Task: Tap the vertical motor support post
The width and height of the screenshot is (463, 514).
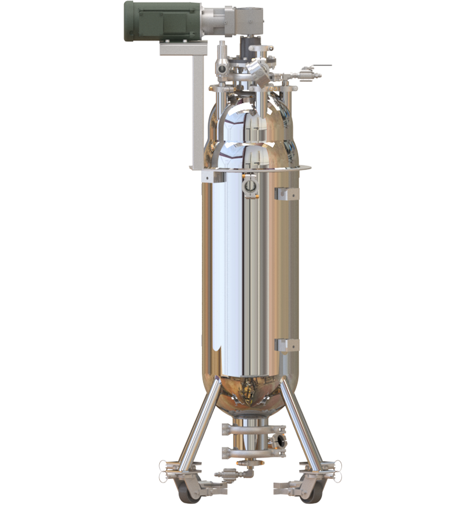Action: click(197, 108)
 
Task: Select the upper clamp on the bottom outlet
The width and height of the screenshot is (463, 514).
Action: click(249, 427)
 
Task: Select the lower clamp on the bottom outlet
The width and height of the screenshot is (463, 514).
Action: click(249, 452)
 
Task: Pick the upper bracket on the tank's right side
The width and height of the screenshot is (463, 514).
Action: click(286, 193)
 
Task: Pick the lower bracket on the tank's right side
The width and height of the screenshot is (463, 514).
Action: click(286, 345)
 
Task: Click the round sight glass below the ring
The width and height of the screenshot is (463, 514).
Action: click(249, 186)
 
